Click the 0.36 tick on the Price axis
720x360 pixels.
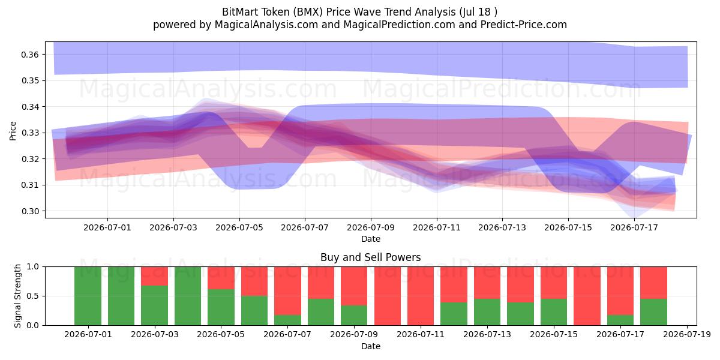pos(30,55)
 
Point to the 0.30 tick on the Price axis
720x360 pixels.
pos(30,211)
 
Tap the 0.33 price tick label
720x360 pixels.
pos(30,133)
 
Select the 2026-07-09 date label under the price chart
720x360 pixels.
pos(371,227)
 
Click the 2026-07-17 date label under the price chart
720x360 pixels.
pos(634,227)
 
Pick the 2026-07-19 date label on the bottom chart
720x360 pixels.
pos(687,335)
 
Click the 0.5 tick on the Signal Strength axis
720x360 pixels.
pos(32,296)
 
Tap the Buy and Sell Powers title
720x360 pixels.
pos(371,257)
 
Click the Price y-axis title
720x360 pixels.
pos(13,131)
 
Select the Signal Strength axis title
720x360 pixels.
pos(17,296)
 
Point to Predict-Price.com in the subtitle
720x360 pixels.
pos(524,25)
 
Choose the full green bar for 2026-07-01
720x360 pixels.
pos(88,296)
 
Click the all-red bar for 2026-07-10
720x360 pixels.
pos(388,296)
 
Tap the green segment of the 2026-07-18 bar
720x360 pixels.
pos(654,312)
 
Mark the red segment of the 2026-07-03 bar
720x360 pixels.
pos(155,276)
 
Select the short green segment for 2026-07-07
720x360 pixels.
pos(287,320)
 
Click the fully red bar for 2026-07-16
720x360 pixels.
pos(587,296)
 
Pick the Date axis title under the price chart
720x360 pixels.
pos(371,239)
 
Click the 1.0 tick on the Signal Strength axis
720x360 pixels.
pos(32,267)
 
